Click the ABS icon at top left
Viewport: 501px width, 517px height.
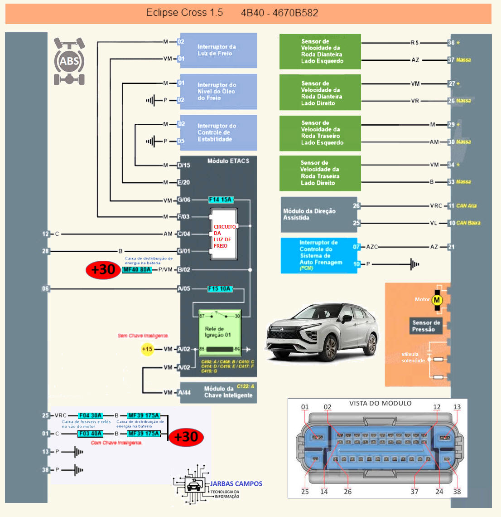(x=69, y=61)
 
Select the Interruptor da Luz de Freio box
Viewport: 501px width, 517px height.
(x=218, y=50)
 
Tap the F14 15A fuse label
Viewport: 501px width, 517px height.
(x=221, y=200)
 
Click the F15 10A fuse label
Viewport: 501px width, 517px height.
(x=220, y=289)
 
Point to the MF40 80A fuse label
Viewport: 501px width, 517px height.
(x=137, y=270)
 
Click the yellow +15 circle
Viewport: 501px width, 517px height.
(x=147, y=349)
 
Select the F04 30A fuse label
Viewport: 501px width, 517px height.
(x=91, y=415)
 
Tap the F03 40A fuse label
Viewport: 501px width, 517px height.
(x=91, y=434)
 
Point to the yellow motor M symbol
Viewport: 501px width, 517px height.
(x=437, y=300)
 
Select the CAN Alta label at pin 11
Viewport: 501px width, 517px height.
(x=466, y=206)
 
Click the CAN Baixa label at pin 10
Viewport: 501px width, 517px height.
(x=468, y=223)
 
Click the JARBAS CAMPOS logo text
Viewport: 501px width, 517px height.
(x=236, y=484)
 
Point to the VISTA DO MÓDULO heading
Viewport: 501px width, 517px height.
(x=380, y=403)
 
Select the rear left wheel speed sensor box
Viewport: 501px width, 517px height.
(x=320, y=133)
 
